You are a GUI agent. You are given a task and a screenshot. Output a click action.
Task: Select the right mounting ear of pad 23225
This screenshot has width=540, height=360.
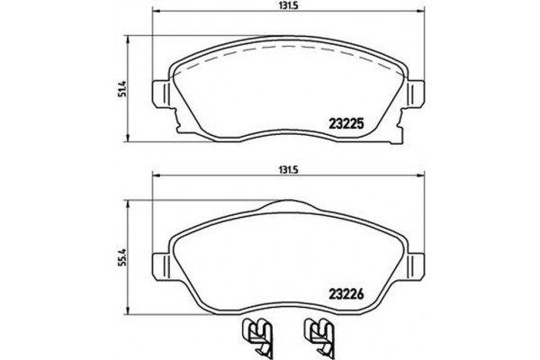[416, 94]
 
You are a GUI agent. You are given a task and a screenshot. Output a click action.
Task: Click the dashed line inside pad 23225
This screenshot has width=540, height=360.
[288, 52]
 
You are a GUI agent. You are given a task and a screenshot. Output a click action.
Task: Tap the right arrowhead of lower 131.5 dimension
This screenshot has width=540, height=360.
[423, 176]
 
